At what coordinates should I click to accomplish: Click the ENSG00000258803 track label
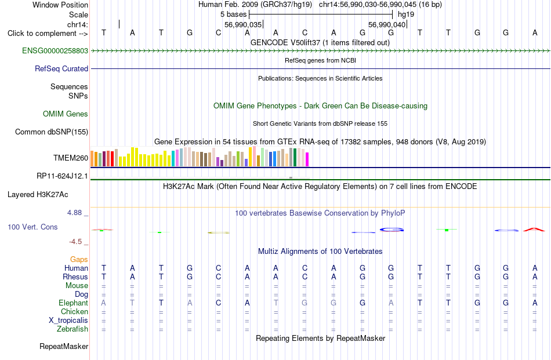(55, 50)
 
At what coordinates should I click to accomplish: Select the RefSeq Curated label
(61, 68)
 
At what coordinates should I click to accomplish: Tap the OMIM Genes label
(66, 114)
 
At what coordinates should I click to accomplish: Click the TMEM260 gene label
(71, 158)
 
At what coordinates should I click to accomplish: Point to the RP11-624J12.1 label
(62, 176)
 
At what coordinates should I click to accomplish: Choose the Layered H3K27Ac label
(38, 195)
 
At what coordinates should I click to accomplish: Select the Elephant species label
(74, 303)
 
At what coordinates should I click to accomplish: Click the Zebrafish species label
(72, 329)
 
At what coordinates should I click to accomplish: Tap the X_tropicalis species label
(68, 321)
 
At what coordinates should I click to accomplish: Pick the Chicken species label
(74, 311)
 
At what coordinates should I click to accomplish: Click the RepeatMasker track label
(64, 346)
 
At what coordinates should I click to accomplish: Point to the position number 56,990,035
(243, 24)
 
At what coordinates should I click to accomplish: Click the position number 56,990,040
(387, 24)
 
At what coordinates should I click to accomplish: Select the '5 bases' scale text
(234, 14)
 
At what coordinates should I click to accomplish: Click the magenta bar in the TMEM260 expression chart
(307, 159)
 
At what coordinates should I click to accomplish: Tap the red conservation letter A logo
(534, 230)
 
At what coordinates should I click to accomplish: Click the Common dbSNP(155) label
(52, 132)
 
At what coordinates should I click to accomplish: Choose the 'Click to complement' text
(42, 34)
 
